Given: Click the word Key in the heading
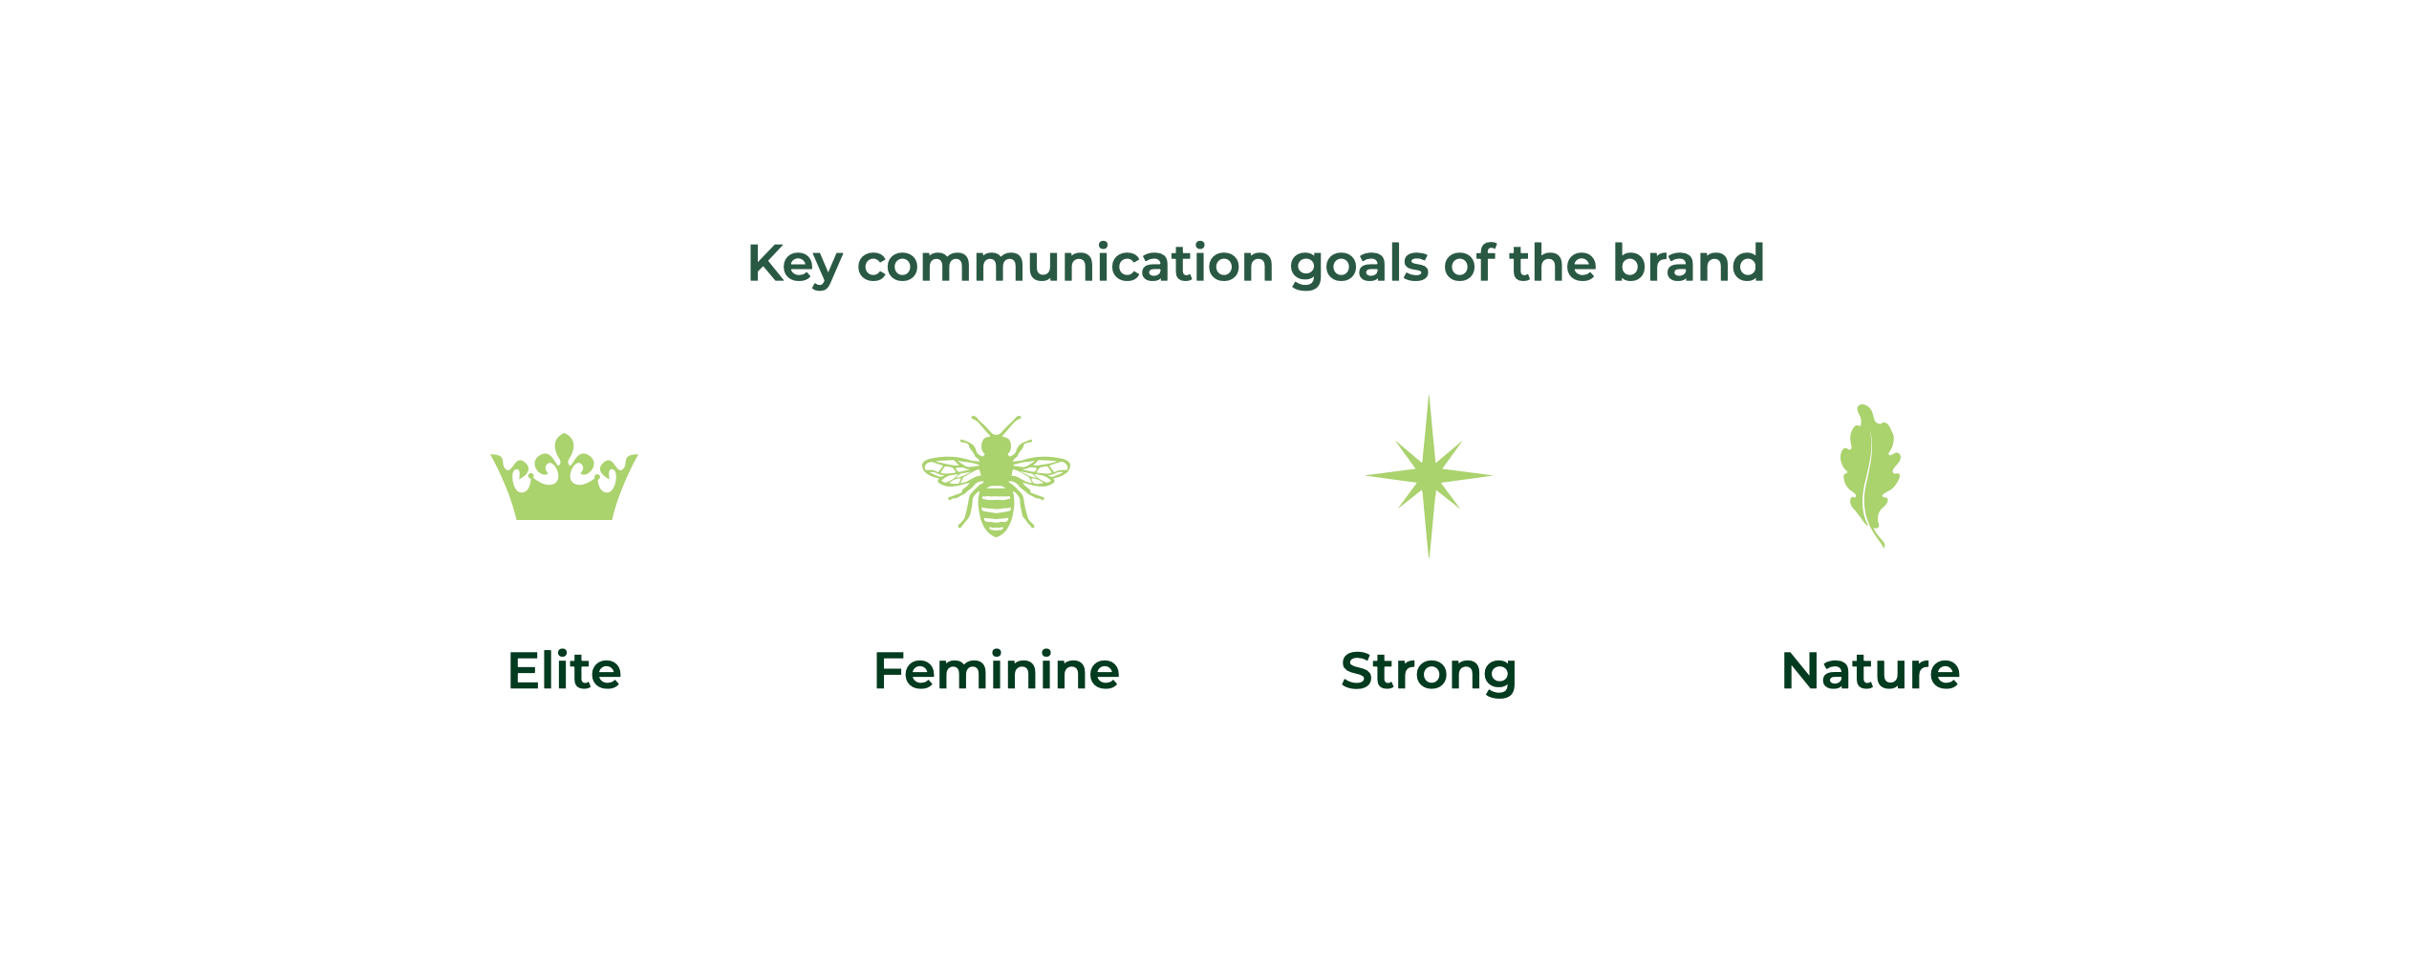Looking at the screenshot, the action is tap(794, 265).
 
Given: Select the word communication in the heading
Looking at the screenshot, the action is tap(1065, 263).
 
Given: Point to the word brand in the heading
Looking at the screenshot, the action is tap(1689, 263).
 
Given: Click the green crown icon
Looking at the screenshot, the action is tap(564, 477).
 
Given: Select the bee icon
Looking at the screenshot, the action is tap(996, 476).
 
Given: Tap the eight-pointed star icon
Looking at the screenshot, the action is tap(1429, 476).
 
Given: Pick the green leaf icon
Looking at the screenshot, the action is tap(1870, 475).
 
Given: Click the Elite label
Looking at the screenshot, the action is tap(565, 671).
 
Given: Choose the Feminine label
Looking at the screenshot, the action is tap(997, 671).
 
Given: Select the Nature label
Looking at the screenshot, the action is tap(1871, 671).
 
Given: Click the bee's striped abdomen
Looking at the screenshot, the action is tap(996, 510).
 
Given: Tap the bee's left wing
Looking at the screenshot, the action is tap(952, 471).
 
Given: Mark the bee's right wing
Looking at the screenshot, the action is tap(1040, 471).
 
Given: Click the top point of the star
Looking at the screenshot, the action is tap(1429, 398).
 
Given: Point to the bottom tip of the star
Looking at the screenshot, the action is tap(1429, 556).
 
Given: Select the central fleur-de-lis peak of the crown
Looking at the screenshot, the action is tap(565, 447).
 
